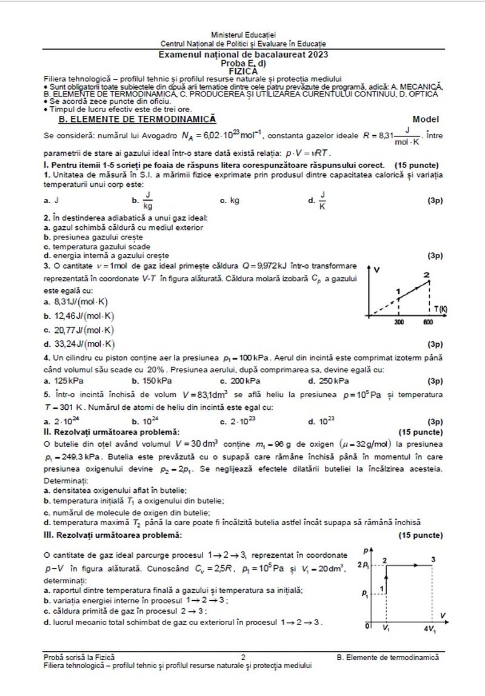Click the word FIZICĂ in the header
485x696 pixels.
pos(242,70)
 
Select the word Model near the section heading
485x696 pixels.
pos(426,119)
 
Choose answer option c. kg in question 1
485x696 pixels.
pos(230,200)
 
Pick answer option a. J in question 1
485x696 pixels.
pos(54,200)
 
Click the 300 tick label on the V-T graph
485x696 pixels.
pos(399,323)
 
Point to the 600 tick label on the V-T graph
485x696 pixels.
pos(428,323)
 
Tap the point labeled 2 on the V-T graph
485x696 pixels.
pos(427,276)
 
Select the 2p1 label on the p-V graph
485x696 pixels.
pos(364,565)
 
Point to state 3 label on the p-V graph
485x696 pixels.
pos(432,558)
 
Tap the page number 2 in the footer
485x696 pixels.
pos(243,657)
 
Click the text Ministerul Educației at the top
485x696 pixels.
pos(242,36)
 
